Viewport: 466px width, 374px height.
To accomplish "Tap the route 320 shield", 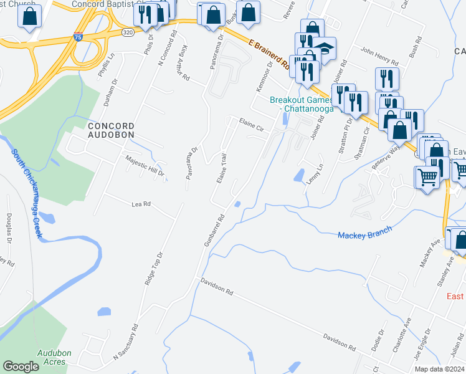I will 126,32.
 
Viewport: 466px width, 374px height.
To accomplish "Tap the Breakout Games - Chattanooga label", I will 302,104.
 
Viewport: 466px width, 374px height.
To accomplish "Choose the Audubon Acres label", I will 54,357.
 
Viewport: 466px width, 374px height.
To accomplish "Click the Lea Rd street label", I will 141,204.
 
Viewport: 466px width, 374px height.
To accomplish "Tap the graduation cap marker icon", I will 324,48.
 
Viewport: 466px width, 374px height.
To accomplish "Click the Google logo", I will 21,367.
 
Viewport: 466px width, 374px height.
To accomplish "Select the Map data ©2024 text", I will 440,369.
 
